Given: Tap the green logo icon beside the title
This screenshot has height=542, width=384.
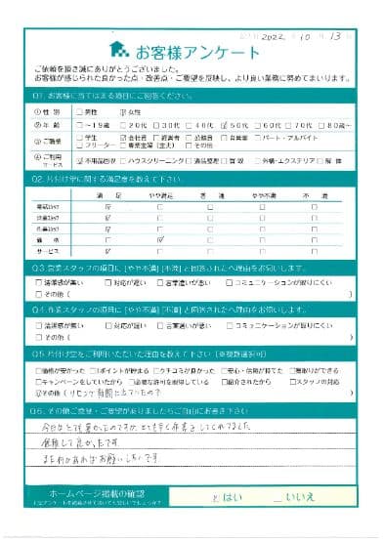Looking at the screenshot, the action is [118, 47].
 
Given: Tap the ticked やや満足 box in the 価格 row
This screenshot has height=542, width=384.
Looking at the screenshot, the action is [157, 237].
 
